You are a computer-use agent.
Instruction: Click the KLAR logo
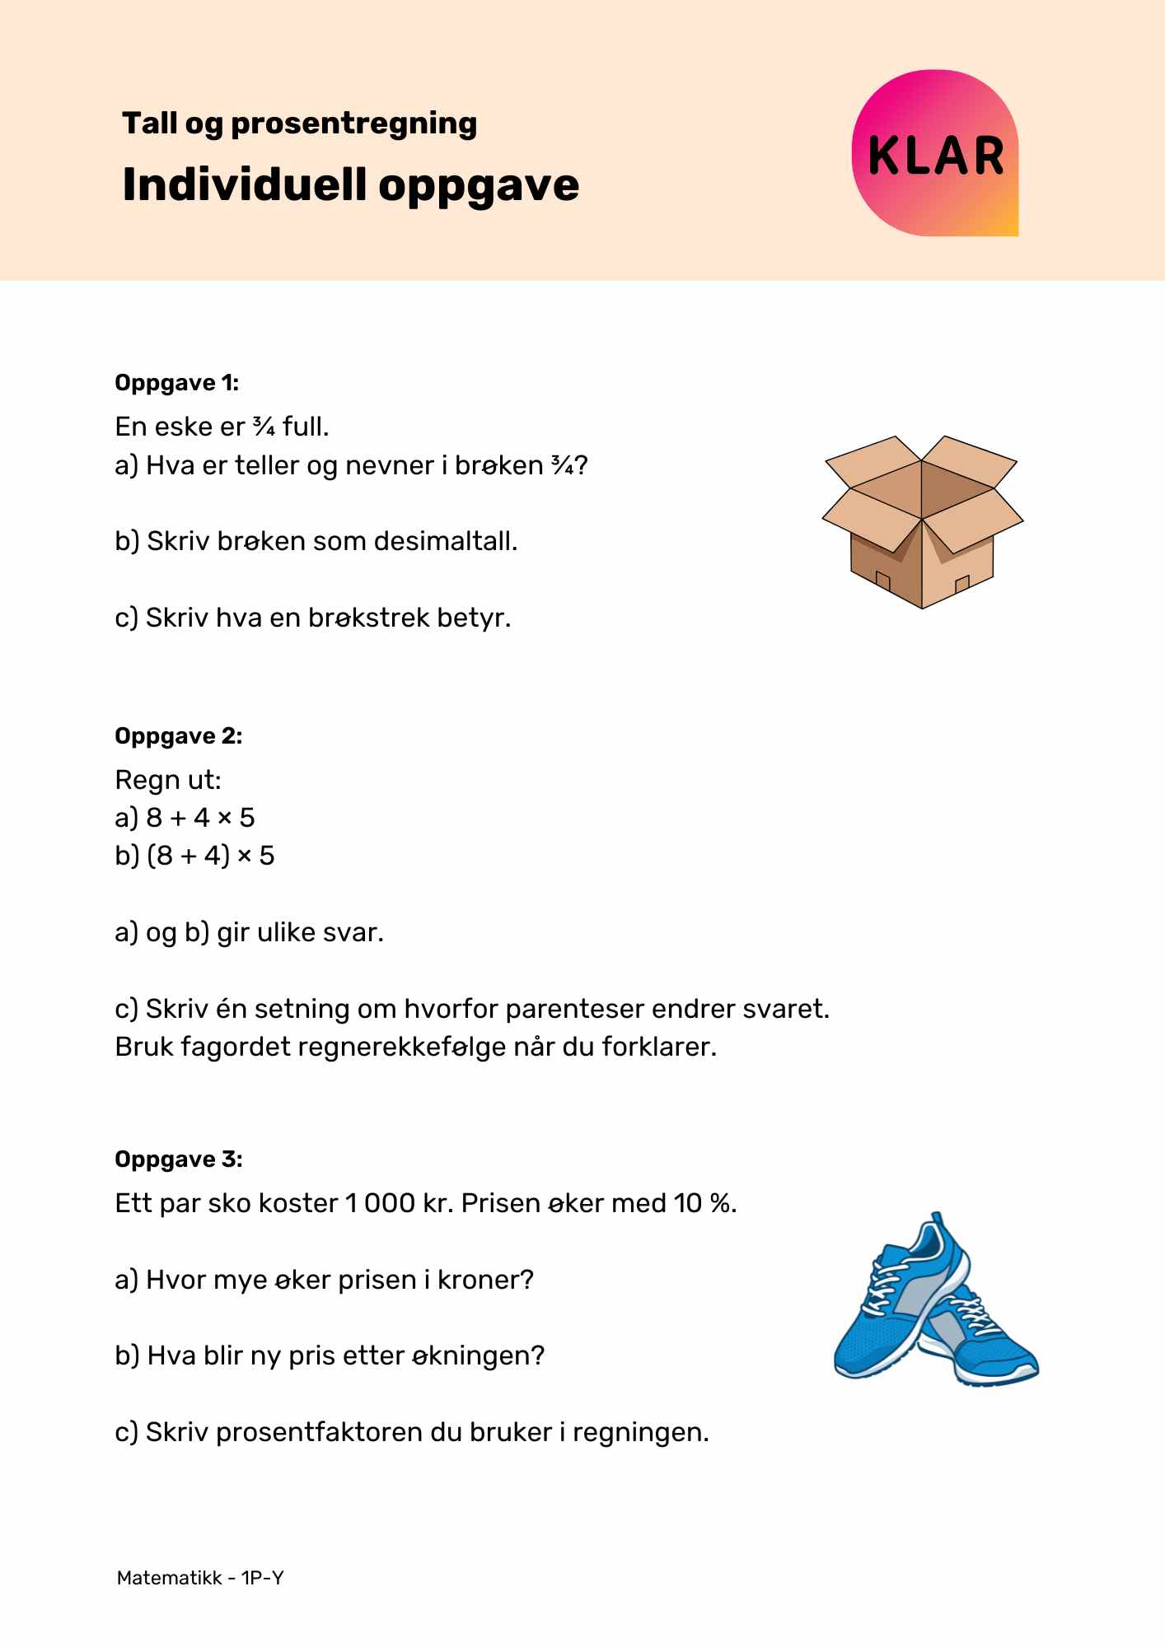tap(935, 154)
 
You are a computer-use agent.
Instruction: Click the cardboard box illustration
tap(922, 522)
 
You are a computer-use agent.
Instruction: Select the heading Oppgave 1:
tap(176, 383)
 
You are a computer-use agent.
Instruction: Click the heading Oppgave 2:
tap(178, 736)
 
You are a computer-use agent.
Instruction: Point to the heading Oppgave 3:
tap(178, 1159)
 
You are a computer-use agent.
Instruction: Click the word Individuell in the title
tap(244, 184)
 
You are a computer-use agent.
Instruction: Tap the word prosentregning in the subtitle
tap(354, 124)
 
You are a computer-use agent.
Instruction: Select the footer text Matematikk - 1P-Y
tap(200, 1578)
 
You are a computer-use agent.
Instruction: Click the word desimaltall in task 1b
tap(445, 542)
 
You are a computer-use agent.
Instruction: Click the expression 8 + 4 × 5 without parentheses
tap(200, 818)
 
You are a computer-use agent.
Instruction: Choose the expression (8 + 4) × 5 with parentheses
tap(210, 856)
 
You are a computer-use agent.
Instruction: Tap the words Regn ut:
tap(168, 779)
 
